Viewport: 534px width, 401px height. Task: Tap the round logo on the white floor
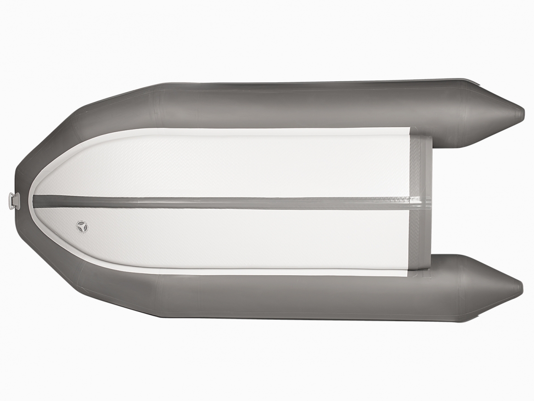point(82,226)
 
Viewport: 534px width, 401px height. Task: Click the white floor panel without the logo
point(230,165)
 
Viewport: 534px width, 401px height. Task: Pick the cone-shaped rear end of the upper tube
point(491,113)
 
